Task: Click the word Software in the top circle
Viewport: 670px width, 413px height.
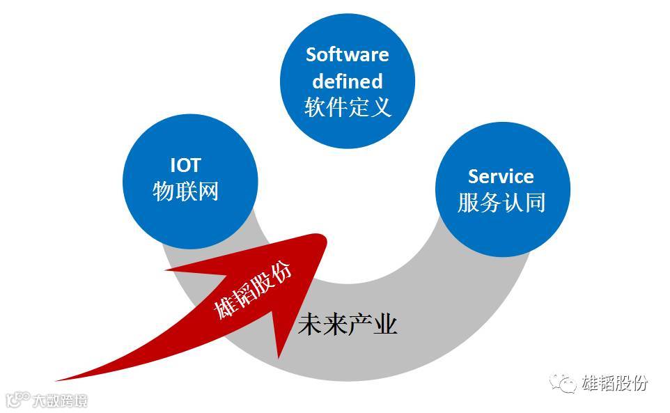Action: (347, 54)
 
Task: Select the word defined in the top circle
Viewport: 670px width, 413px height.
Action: (347, 81)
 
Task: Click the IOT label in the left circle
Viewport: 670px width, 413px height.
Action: (185, 165)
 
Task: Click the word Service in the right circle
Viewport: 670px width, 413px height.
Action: (501, 176)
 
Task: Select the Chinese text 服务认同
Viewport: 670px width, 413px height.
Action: (501, 203)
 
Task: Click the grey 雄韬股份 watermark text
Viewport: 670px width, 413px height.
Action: (614, 382)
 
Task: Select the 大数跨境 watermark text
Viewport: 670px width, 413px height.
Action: (61, 400)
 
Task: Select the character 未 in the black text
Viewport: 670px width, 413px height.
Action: (310, 324)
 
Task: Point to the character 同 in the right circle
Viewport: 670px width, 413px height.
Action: (534, 203)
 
